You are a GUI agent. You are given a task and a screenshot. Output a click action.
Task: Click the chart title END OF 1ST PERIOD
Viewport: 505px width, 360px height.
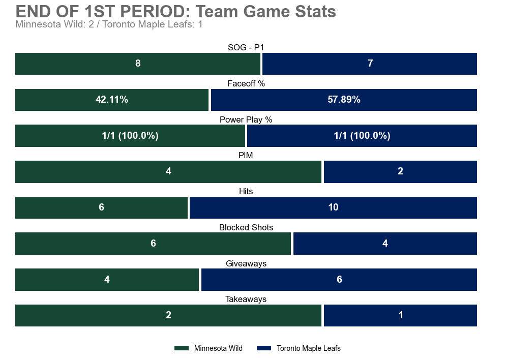click(175, 11)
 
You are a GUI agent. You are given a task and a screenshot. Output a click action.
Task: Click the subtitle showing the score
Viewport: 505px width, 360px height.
click(109, 24)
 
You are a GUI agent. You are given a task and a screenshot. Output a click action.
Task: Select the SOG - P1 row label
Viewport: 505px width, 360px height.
click(246, 47)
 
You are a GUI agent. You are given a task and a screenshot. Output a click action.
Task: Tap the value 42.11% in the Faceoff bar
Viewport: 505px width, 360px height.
click(112, 100)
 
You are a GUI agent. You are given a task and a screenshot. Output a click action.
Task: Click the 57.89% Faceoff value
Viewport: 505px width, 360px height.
click(344, 100)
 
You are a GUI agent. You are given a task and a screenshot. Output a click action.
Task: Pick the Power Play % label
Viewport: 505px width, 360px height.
click(246, 119)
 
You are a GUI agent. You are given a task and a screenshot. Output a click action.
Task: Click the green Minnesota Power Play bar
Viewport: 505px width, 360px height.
click(130, 136)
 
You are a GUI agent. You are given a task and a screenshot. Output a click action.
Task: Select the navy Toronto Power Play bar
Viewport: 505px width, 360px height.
click(362, 136)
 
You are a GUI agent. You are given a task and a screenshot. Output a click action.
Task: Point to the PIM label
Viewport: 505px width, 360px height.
click(246, 156)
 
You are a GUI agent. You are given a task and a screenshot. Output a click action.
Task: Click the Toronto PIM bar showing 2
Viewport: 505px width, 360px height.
click(400, 172)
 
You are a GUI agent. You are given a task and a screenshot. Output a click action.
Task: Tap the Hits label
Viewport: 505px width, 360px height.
click(246, 192)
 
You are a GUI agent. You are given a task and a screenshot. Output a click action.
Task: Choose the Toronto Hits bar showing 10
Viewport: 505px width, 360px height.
click(333, 207)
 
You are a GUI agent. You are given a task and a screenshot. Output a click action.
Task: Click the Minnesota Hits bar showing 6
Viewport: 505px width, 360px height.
click(101, 207)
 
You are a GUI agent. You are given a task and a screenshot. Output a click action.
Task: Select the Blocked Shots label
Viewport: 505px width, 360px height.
click(246, 227)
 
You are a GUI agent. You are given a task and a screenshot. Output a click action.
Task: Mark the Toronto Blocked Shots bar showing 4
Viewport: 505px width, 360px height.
click(385, 244)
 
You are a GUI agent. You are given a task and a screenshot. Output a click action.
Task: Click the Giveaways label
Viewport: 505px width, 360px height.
click(246, 263)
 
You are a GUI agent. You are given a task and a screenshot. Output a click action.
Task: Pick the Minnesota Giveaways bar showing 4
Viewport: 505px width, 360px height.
click(107, 280)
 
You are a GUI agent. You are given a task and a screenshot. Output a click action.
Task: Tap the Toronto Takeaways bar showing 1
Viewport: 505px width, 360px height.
click(400, 315)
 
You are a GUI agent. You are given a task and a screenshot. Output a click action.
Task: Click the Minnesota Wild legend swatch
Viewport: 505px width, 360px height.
click(181, 348)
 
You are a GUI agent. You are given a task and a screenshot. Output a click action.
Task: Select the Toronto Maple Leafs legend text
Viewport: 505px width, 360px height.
click(308, 348)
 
